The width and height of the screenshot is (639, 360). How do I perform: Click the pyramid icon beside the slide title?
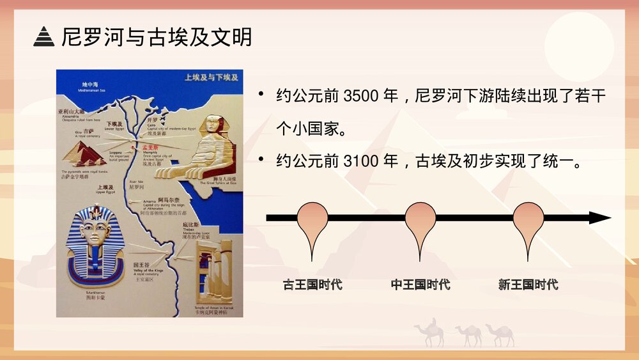(x=43, y=37)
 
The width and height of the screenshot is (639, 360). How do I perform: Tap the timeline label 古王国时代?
(x=312, y=285)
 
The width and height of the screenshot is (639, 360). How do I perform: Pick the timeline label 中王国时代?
(x=420, y=285)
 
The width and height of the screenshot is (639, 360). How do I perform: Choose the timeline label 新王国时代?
(x=528, y=285)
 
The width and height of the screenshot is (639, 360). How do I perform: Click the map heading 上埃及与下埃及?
(x=211, y=77)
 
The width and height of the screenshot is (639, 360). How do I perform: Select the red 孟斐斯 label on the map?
(x=153, y=147)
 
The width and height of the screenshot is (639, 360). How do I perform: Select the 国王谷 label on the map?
(x=141, y=264)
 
